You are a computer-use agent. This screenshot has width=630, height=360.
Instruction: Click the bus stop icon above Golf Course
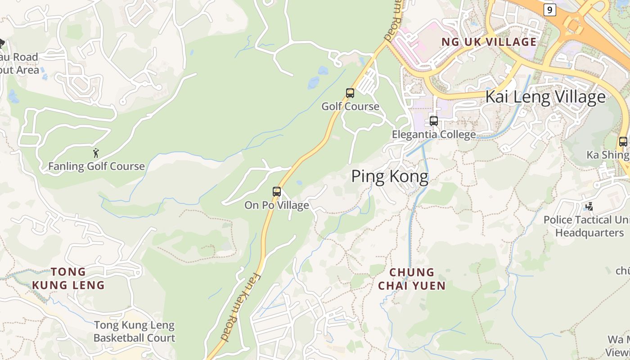pos(350,93)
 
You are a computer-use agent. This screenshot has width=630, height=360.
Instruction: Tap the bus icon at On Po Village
pos(277,192)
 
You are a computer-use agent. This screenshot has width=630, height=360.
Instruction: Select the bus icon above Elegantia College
pos(434,121)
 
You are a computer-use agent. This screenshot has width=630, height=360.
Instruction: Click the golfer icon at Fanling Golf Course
pos(95,153)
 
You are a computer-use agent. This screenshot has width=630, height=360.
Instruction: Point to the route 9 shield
pos(549,9)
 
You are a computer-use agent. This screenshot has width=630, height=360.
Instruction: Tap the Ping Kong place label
pos(390,176)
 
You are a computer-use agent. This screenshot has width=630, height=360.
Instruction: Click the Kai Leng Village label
pos(545,97)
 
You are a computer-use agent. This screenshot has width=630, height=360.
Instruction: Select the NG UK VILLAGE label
pos(489,42)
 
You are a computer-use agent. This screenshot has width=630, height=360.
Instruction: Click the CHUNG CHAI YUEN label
pos(412,279)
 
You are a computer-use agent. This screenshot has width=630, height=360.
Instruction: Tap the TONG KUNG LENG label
pos(68,278)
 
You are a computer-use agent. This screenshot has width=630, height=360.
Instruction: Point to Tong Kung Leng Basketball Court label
pos(134,331)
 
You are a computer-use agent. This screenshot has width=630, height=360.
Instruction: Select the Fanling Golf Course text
pos(96,166)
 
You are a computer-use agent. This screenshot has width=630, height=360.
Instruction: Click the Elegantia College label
pos(433,134)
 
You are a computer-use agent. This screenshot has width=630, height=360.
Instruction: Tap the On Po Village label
pos(277,205)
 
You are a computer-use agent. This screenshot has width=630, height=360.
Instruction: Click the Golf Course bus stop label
pos(350,107)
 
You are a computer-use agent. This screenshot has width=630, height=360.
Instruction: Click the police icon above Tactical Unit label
pos(589,207)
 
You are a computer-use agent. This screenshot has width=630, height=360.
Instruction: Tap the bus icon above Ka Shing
pos(623,142)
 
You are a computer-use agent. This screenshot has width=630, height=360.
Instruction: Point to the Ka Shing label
pos(607,155)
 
